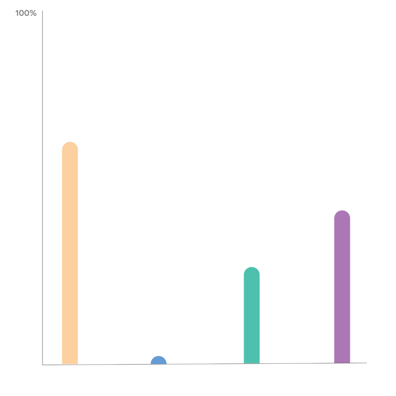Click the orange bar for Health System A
70,253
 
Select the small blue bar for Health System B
159,360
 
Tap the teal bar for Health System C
252,315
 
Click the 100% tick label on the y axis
26,14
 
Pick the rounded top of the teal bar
252,271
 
